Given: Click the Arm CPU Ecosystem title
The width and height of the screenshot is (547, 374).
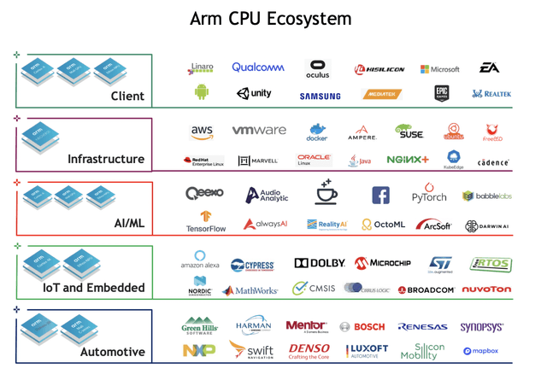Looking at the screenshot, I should (273, 18).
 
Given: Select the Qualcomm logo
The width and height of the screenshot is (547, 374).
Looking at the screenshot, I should (257, 67).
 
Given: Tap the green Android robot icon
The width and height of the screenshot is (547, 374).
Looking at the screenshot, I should (202, 92).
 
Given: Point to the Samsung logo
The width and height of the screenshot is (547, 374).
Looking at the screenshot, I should (320, 96).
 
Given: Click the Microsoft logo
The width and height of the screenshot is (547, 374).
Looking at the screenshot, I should (439, 69).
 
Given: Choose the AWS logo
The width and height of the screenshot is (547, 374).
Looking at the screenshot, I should (202, 131).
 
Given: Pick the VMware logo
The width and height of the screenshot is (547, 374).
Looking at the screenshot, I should (259, 131).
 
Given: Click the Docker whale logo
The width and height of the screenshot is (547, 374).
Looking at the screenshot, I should (317, 132).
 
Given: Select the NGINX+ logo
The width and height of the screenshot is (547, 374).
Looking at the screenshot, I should (407, 160).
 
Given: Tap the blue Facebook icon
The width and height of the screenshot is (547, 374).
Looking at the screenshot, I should (380, 196).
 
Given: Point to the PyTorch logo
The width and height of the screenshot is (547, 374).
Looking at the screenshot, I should (429, 196).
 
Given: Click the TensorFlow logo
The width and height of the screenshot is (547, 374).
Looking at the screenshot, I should (204, 223).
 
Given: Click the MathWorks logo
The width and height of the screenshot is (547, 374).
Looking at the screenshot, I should (250, 290).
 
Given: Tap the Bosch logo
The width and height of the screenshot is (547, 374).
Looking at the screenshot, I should (362, 326).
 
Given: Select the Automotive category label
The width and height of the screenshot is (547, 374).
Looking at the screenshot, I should (112, 351).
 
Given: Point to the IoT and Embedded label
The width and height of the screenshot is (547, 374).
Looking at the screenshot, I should (91, 288).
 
